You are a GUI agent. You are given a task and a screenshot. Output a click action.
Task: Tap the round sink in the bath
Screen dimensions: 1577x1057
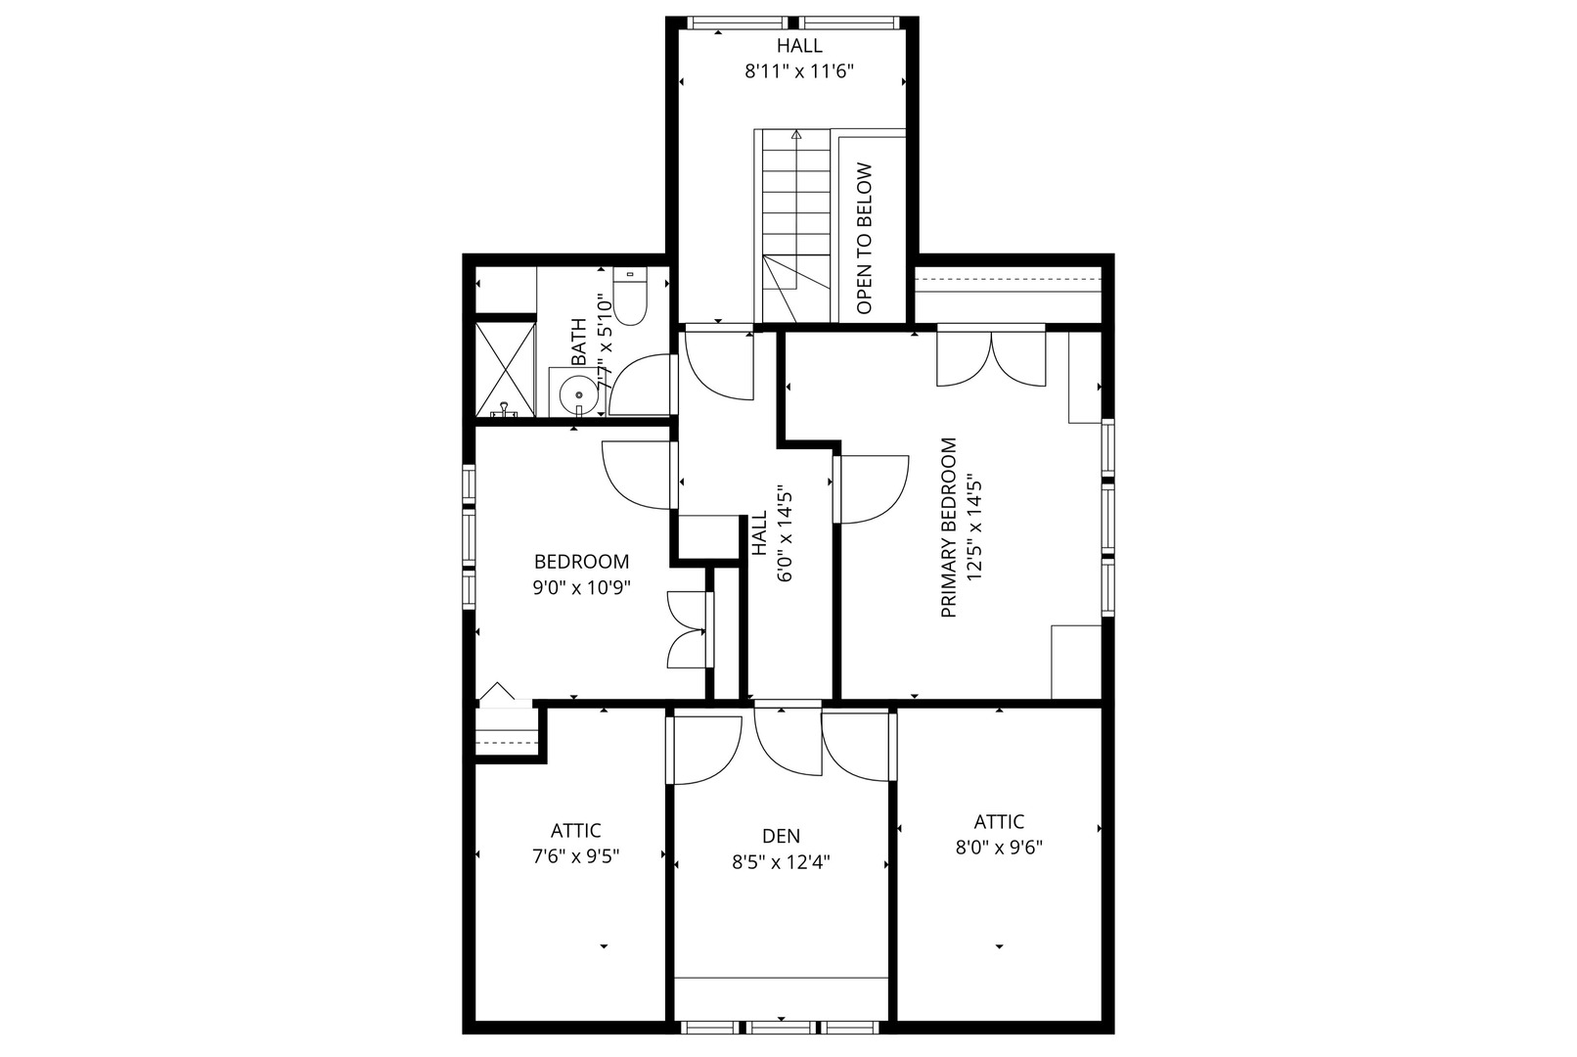coord(579,393)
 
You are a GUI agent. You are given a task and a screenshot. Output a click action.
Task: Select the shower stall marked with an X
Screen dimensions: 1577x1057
coord(506,370)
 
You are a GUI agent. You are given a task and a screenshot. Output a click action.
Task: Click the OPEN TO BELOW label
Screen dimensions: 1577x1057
coord(865,239)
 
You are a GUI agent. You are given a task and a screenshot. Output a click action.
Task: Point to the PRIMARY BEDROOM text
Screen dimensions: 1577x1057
coord(949,528)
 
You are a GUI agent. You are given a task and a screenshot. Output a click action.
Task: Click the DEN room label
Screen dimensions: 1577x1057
coord(781,836)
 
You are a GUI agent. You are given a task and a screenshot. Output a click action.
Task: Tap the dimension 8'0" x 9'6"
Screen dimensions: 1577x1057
coord(998,848)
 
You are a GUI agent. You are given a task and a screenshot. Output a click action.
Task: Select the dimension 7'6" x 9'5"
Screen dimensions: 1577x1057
coord(576,857)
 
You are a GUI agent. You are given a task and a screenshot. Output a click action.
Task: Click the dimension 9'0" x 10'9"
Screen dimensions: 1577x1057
coord(581,587)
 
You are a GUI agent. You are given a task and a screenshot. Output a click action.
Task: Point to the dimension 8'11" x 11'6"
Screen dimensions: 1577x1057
coord(799,71)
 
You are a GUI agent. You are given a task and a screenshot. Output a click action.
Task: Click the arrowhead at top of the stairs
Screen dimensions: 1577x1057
coord(796,134)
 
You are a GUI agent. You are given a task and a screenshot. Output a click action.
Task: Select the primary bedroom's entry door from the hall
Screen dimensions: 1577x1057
coord(872,489)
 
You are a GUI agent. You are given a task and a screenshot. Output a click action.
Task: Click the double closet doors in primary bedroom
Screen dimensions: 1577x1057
coord(991,359)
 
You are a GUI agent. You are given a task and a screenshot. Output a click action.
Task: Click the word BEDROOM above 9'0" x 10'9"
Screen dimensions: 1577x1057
coord(581,562)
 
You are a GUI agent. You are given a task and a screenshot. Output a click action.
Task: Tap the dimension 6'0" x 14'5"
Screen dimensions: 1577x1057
coord(785,532)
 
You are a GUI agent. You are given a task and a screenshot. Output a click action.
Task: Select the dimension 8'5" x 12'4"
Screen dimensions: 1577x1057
coord(781,862)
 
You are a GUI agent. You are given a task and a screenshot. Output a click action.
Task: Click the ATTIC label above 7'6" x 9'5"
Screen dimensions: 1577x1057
coord(576,831)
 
